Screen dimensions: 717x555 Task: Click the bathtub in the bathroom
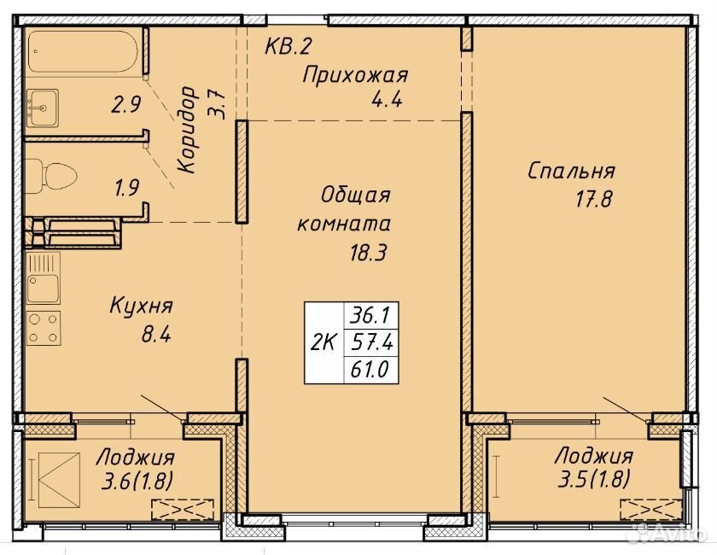(83, 50)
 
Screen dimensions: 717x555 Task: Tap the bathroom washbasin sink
(43, 108)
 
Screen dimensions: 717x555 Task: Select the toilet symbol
(51, 176)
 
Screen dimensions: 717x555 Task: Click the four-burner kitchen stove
(44, 328)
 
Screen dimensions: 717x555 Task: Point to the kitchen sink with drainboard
(44, 277)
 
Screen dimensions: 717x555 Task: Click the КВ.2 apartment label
(289, 46)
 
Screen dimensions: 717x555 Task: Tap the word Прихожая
(355, 75)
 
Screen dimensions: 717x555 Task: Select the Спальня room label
(571, 171)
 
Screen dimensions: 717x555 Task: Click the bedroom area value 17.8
(593, 200)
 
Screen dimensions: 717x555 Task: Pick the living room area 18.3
(368, 252)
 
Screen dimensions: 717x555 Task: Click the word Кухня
(141, 306)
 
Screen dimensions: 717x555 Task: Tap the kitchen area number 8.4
(156, 335)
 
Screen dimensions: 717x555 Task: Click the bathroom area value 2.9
(126, 105)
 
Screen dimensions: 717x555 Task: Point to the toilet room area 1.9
(126, 188)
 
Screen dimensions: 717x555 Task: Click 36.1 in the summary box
(370, 315)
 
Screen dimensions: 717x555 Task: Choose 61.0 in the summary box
(370, 369)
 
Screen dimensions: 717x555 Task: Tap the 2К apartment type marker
(324, 342)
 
